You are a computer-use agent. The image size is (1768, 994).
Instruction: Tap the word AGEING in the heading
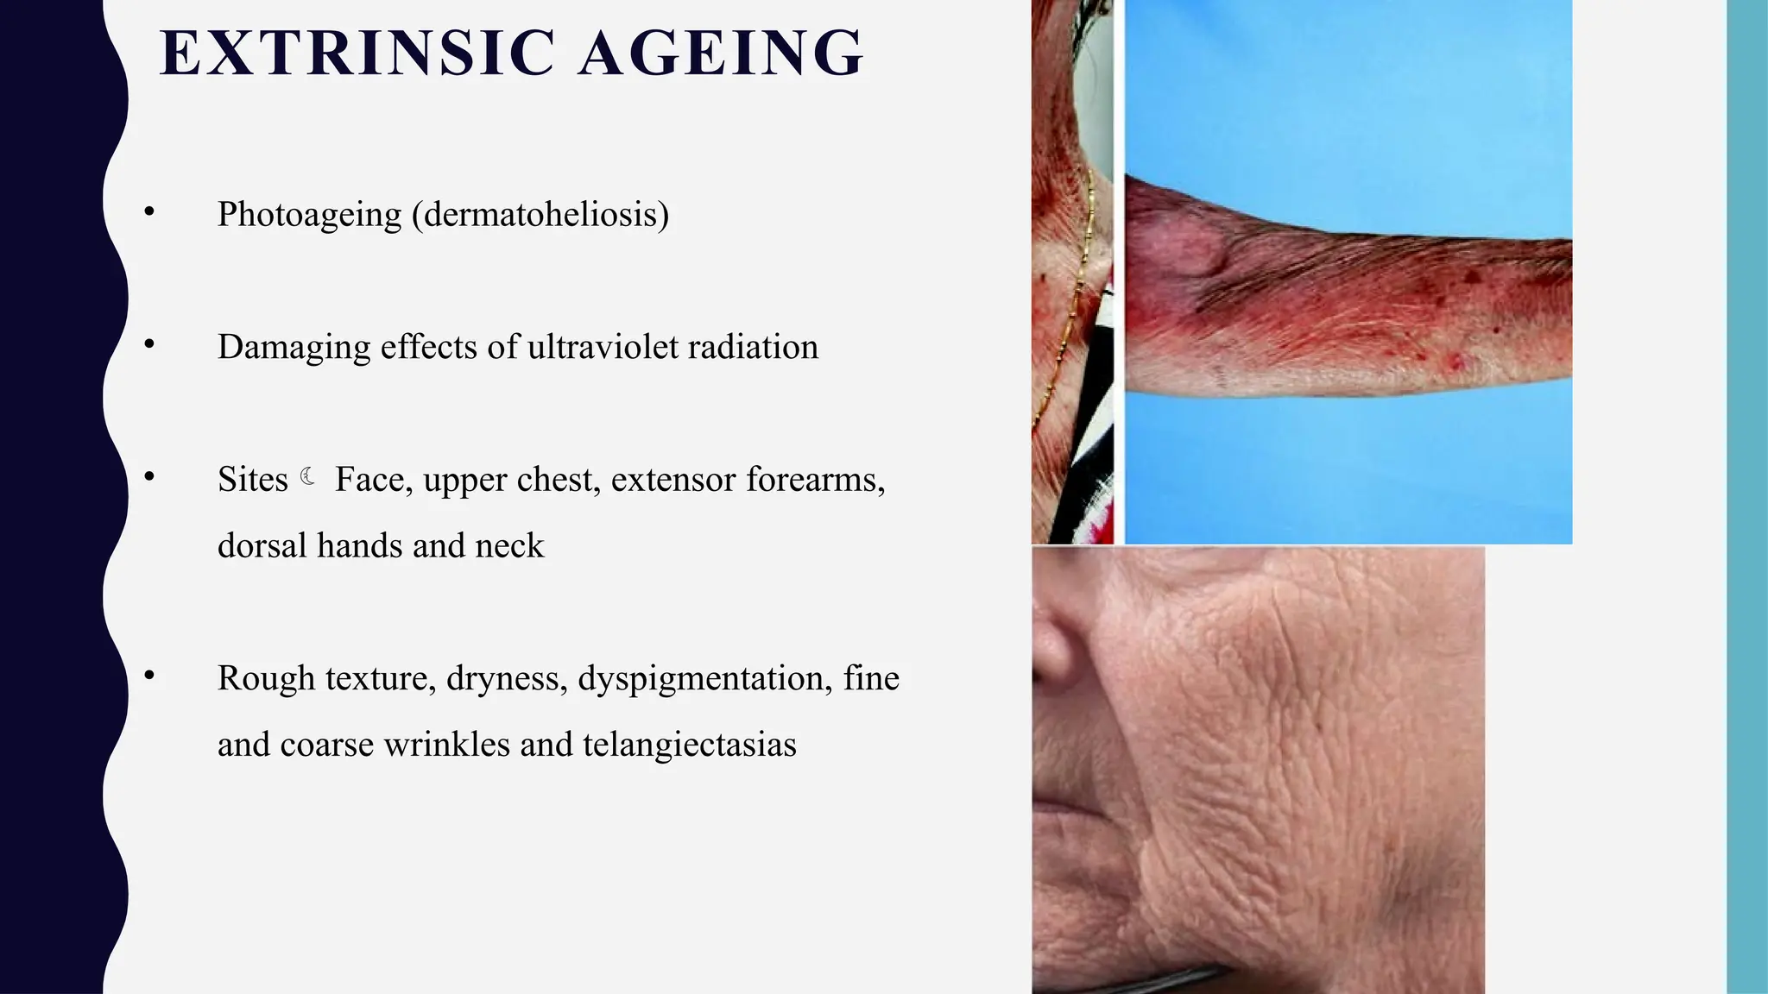point(720,53)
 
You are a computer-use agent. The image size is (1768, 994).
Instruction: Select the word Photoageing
point(309,214)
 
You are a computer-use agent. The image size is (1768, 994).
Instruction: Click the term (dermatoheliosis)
point(540,214)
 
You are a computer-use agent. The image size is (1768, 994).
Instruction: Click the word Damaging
point(293,347)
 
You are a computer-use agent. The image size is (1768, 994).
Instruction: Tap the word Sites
point(252,480)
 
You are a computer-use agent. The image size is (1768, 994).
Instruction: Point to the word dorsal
point(262,546)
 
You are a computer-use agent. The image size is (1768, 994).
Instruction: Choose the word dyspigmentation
point(704,679)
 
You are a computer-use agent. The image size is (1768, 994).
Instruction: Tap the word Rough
point(266,679)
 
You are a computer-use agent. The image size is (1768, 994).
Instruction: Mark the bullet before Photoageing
point(149,211)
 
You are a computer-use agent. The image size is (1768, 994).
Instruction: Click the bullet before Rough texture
point(149,676)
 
